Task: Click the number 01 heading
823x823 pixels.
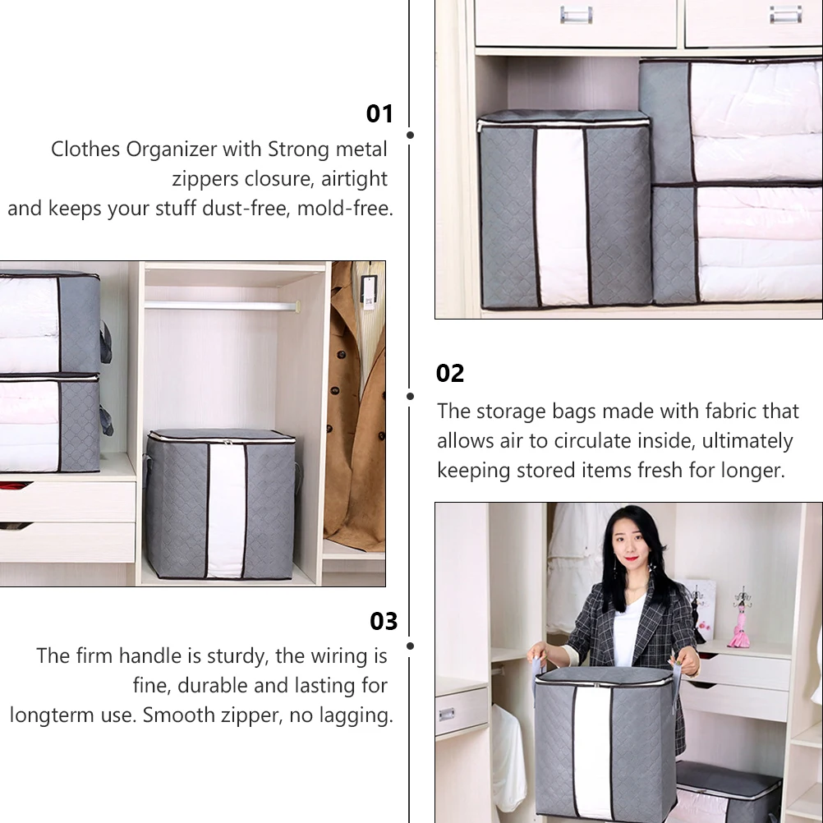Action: point(379,113)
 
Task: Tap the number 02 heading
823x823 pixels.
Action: point(450,373)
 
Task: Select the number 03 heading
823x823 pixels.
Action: point(384,621)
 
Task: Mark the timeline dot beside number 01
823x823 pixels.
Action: point(410,135)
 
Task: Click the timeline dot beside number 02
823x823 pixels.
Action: point(410,396)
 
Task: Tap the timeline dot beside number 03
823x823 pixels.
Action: point(410,646)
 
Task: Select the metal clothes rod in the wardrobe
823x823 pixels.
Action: point(222,306)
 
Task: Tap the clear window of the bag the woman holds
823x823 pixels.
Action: point(592,752)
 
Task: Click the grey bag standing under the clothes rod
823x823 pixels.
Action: point(220,505)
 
